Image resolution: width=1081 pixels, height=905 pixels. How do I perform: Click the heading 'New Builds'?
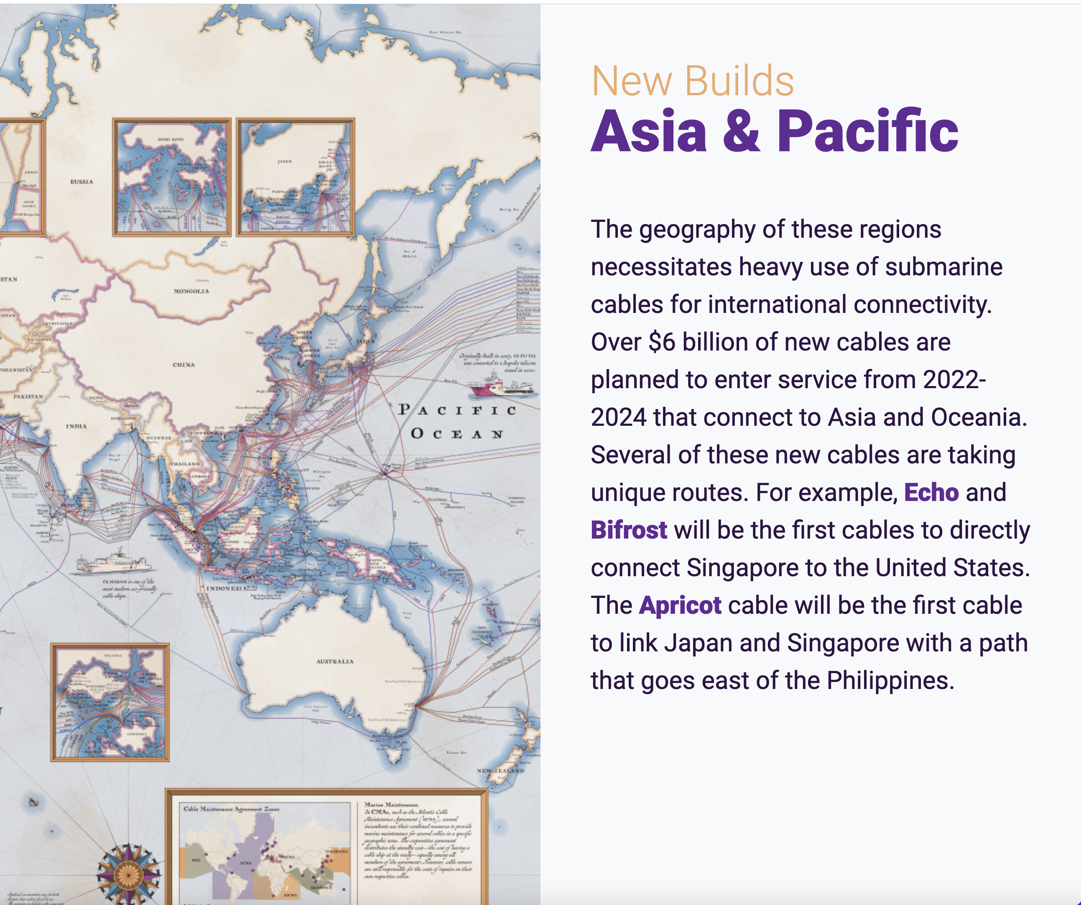692,81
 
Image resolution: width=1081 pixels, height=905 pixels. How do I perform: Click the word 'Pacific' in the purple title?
867,132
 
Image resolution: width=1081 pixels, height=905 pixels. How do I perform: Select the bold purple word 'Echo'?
931,492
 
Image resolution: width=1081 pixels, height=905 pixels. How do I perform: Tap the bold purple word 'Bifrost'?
629,530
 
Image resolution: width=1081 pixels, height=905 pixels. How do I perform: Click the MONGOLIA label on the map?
191,291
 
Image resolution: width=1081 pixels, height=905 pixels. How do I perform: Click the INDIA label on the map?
76,426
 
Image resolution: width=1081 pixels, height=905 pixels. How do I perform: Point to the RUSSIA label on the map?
82,182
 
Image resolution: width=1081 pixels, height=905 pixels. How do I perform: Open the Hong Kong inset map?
171,177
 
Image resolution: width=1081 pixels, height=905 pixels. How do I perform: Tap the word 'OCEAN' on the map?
456,434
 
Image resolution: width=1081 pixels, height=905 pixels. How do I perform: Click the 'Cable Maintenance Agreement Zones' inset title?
231,809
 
